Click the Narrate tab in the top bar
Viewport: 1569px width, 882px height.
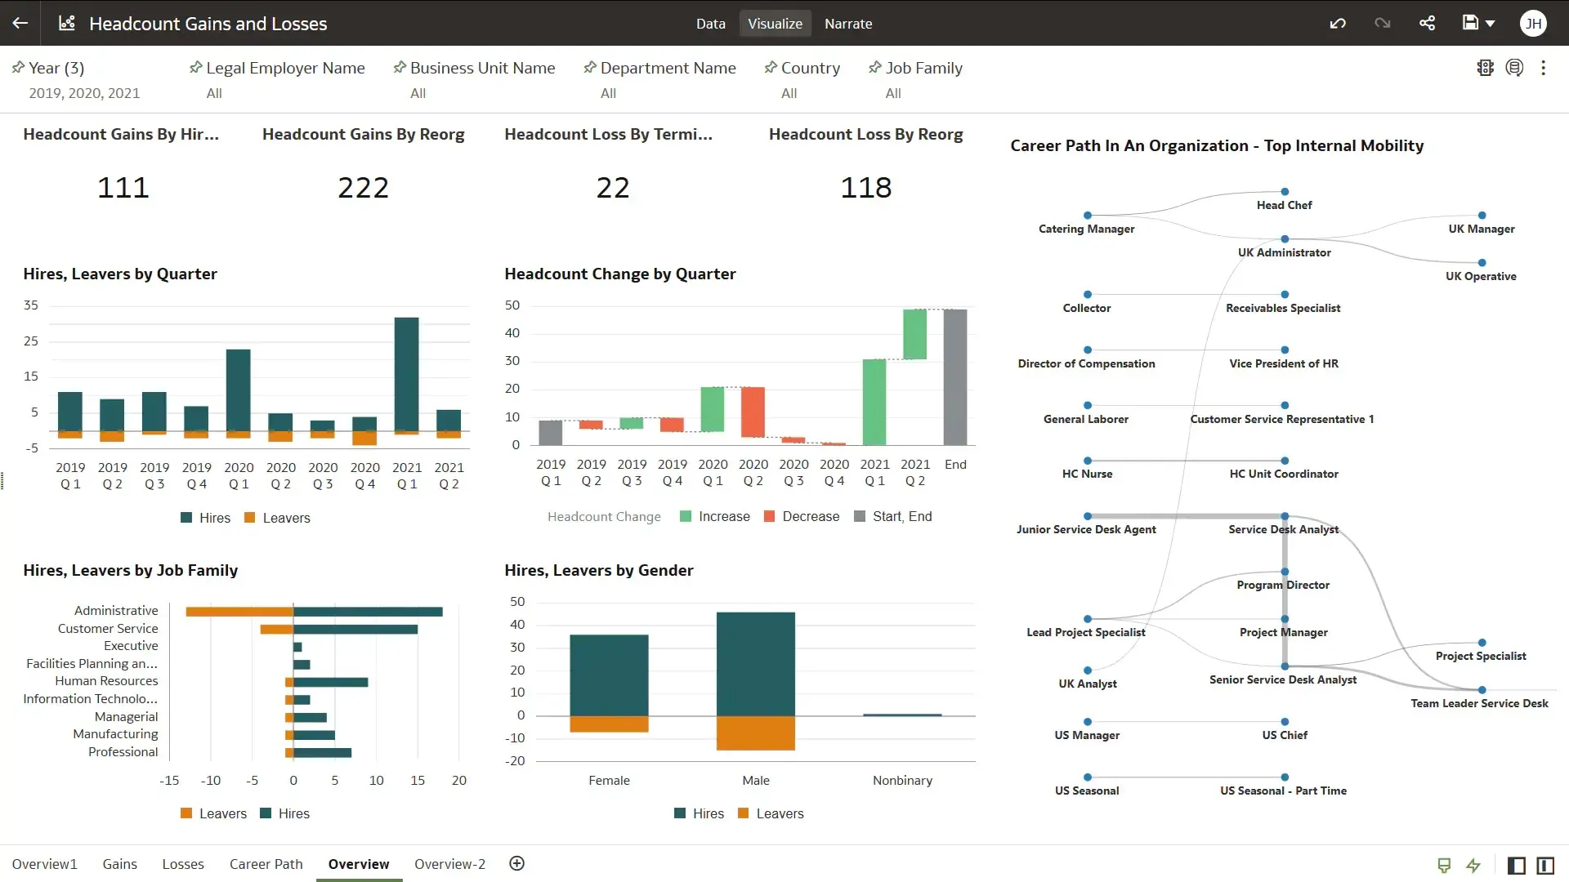pos(847,24)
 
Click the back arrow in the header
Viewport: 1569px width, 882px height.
pos(20,23)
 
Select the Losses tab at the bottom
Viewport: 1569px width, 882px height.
pos(183,864)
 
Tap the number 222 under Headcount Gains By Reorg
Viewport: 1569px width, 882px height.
pos(363,188)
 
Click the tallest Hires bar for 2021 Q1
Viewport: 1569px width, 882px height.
pos(406,373)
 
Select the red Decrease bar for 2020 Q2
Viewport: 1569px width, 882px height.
pos(753,412)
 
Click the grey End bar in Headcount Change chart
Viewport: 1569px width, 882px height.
pos(954,376)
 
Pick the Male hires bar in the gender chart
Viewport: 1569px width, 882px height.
pos(755,663)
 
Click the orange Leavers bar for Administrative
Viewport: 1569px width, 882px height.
pos(239,612)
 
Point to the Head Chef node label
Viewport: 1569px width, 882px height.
pos(1284,205)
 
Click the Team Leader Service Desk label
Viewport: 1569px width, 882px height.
pos(1478,703)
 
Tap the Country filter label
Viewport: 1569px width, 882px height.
pos(810,69)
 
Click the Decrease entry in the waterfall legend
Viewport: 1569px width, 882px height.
pos(810,517)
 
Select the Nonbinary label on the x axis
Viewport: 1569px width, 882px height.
pos(901,781)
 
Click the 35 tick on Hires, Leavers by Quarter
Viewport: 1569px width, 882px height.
pos(31,305)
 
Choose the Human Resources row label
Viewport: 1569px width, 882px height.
pos(106,681)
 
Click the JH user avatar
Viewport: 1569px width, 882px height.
pos(1533,24)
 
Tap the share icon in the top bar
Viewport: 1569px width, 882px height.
pos(1427,23)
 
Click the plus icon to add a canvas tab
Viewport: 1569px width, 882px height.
pos(516,864)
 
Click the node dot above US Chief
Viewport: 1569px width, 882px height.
pos(1285,722)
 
